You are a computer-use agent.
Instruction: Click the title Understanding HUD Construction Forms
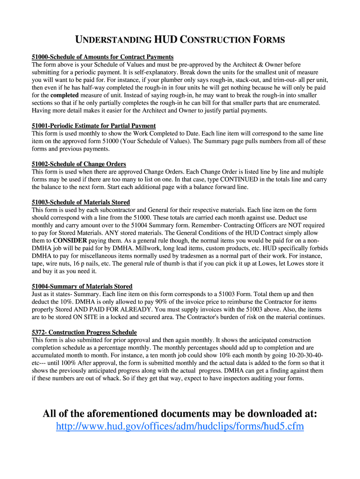click(180, 40)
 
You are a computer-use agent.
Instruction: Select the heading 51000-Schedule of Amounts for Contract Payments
click(102, 57)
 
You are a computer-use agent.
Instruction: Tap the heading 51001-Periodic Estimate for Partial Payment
click(94, 126)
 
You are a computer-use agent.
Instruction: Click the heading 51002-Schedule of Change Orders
click(79, 164)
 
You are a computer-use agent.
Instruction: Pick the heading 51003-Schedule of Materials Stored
click(80, 202)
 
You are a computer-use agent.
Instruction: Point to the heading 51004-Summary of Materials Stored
click(82, 286)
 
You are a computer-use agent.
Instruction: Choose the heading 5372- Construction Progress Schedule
click(84, 332)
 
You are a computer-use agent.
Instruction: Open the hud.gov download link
click(180, 427)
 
